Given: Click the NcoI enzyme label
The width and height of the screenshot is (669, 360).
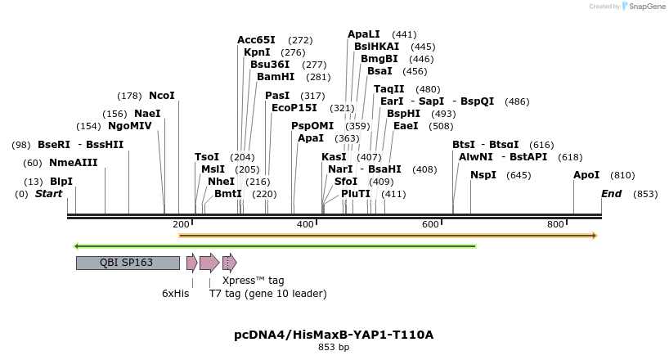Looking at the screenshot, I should [162, 96].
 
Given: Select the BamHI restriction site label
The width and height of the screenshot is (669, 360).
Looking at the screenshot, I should [276, 77].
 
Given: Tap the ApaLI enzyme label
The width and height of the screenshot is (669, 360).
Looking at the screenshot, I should [364, 34].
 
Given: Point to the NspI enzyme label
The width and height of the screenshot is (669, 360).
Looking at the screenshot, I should [483, 175].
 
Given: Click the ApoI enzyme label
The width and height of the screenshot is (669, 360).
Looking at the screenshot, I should [586, 175].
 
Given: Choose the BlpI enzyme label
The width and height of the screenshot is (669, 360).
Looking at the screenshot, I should [61, 182].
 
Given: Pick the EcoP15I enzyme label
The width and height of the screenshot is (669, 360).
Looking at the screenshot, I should [294, 108].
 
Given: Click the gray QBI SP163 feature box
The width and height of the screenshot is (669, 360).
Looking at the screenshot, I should [128, 263].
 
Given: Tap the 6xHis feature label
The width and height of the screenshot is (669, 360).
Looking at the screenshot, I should [176, 294].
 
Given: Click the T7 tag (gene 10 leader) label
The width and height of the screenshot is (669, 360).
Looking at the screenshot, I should [267, 294].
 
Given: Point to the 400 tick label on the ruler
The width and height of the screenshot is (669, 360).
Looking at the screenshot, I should [306, 224].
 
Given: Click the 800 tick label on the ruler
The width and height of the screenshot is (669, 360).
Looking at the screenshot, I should [555, 224].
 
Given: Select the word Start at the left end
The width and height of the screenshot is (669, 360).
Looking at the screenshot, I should [49, 194].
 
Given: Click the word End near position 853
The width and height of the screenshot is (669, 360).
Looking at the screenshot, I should [611, 194].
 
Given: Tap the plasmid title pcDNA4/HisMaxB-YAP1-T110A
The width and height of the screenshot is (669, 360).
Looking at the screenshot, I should [334, 335].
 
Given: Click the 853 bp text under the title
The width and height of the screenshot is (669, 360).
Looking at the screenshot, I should [334, 348].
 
